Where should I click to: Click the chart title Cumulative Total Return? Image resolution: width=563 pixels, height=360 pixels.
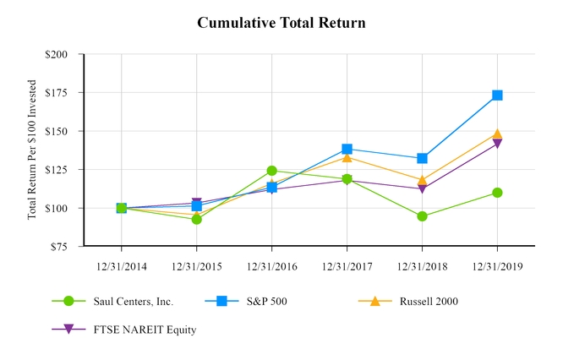pyautogui.click(x=281, y=23)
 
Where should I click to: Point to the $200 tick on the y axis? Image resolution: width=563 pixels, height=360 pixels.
pyautogui.click(x=63, y=54)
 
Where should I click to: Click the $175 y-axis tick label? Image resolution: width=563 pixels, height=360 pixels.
pyautogui.click(x=63, y=93)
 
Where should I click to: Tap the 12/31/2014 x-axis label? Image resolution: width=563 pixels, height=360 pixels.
pyautogui.click(x=122, y=265)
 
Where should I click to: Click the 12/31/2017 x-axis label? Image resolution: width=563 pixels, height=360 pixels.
pyautogui.click(x=347, y=265)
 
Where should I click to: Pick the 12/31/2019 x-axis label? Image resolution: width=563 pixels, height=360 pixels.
pyautogui.click(x=497, y=265)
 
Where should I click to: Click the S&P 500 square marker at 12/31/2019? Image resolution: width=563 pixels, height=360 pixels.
pyautogui.click(x=497, y=95)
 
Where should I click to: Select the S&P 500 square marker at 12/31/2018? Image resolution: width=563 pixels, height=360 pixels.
pyautogui.click(x=422, y=158)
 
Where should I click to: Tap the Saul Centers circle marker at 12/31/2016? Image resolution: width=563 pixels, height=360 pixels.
pyautogui.click(x=271, y=171)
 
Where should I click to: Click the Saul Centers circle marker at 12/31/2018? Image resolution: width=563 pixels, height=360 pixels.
pyautogui.click(x=422, y=216)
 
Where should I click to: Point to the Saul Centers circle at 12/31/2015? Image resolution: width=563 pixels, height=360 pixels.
pyautogui.click(x=197, y=219)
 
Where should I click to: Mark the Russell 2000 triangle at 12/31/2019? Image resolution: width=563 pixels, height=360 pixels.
pyautogui.click(x=497, y=134)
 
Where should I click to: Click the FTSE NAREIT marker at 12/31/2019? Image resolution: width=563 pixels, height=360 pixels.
pyautogui.click(x=497, y=144)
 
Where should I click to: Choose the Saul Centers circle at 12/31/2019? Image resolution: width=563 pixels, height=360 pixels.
pyautogui.click(x=497, y=193)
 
